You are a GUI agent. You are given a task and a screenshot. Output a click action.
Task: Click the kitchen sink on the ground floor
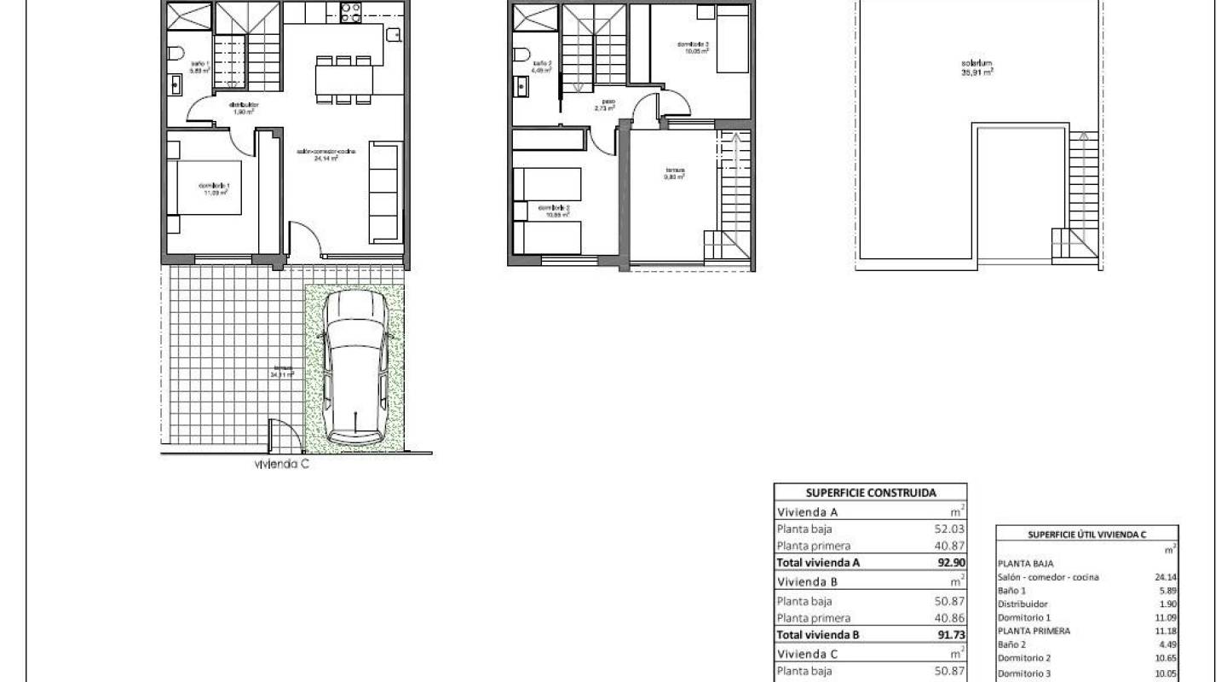coord(393,35)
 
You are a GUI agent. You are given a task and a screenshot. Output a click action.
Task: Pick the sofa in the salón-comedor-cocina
coord(384,193)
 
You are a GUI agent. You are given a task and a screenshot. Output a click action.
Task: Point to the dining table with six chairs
coord(344,79)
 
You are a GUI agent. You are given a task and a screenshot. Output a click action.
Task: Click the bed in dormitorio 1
coord(209,188)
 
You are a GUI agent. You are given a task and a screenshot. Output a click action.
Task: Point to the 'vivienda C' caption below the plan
coord(281,465)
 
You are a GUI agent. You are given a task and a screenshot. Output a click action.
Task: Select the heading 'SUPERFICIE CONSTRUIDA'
coord(870,493)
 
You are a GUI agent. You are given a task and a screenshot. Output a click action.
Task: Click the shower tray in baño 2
coord(535,16)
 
